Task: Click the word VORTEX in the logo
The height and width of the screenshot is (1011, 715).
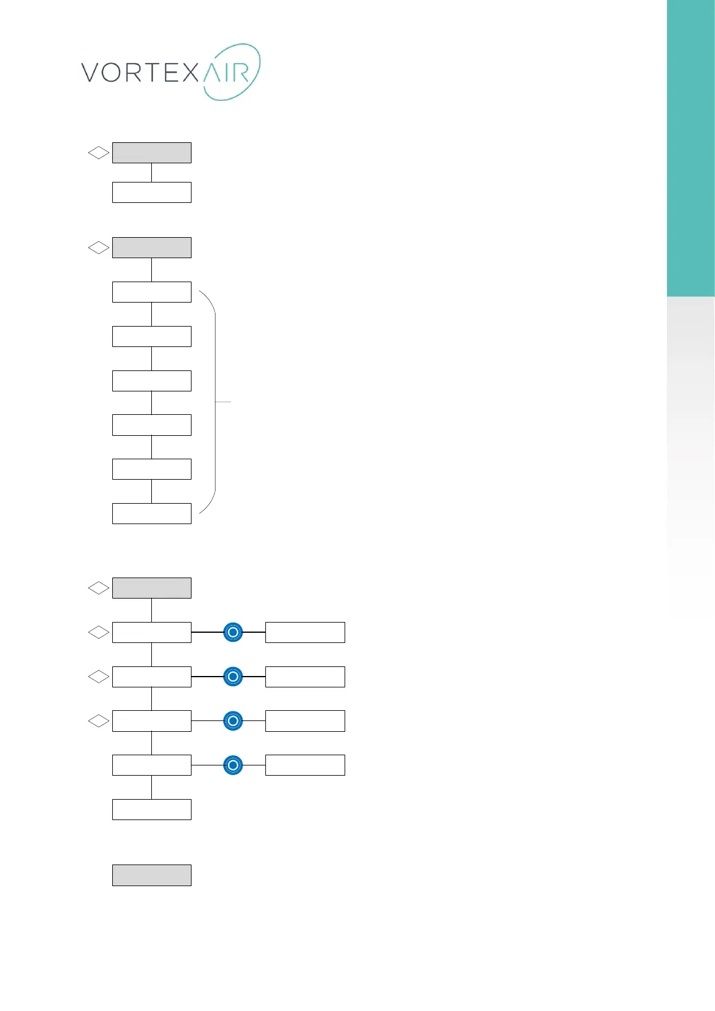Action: click(139, 73)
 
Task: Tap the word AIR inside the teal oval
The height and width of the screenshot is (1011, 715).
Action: click(226, 73)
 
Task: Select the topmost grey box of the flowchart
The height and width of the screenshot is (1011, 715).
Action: click(151, 152)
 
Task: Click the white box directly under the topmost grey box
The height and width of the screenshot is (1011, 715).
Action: click(151, 192)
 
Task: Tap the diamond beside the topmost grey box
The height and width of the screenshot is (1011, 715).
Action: click(98, 153)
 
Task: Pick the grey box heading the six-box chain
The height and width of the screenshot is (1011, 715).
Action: click(151, 247)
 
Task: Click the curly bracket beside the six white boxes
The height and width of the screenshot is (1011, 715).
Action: click(214, 402)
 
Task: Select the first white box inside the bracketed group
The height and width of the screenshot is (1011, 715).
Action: click(151, 292)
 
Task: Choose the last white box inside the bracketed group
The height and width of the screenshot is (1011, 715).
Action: click(151, 513)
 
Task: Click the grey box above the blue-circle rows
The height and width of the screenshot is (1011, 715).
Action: click(151, 588)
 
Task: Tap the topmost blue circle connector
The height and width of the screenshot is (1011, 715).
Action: click(233, 632)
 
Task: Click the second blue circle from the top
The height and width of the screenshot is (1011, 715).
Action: click(233, 677)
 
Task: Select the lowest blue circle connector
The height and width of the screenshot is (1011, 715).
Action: click(233, 765)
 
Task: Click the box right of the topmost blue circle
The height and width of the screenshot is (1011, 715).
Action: click(305, 632)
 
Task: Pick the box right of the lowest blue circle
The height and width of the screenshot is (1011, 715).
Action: click(305, 765)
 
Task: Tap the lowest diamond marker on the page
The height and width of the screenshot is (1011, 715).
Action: click(98, 720)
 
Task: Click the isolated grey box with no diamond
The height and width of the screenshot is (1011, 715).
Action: click(151, 875)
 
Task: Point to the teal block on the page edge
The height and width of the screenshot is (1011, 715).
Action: click(691, 150)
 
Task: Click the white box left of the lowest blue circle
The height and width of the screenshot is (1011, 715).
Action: click(151, 765)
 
